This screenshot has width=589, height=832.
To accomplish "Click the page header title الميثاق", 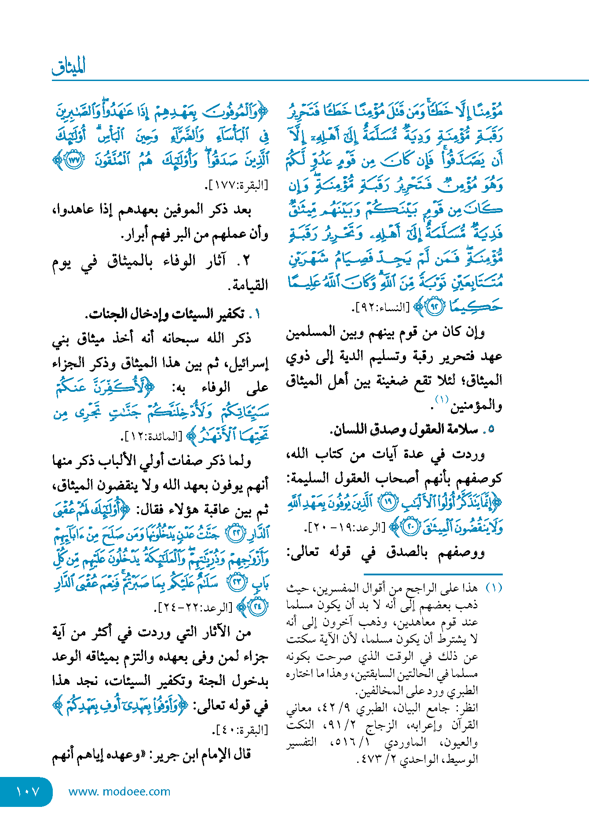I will click(x=69, y=66).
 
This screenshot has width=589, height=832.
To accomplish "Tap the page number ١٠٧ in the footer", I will click(x=27, y=792).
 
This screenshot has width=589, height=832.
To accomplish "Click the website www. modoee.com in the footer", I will click(x=119, y=792).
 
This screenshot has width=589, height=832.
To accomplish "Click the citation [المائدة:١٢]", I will click(x=151, y=437).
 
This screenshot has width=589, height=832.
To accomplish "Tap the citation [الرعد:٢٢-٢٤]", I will click(x=194, y=608).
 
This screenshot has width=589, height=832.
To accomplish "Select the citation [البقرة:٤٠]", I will click(x=240, y=730).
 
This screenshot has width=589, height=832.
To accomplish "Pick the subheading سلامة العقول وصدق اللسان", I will click(x=404, y=429).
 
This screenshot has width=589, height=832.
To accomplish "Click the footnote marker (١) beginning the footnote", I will click(x=493, y=588).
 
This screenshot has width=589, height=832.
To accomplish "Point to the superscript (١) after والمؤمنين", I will click(x=441, y=400).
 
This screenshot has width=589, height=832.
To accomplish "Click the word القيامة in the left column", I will click(x=250, y=286).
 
